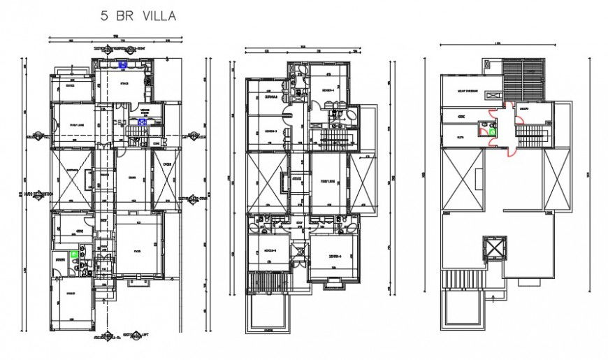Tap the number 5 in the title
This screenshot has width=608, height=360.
click(104, 15)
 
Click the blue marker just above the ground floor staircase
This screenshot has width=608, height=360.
click(142, 120)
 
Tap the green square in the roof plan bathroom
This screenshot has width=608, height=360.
click(493, 130)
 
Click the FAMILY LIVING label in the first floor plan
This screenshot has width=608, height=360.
click(327, 180)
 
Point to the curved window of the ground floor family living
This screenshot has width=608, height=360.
click(54, 129)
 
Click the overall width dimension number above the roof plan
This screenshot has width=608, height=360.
click(497, 43)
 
